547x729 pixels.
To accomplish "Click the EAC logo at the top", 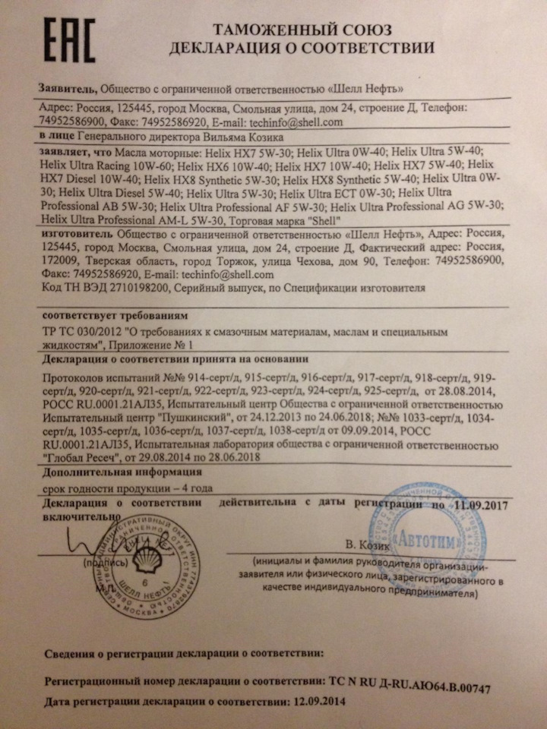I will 69,40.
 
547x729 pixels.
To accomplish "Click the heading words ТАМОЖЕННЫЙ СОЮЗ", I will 301,30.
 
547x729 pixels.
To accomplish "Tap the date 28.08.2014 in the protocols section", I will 465,391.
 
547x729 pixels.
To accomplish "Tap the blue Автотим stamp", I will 422,532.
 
